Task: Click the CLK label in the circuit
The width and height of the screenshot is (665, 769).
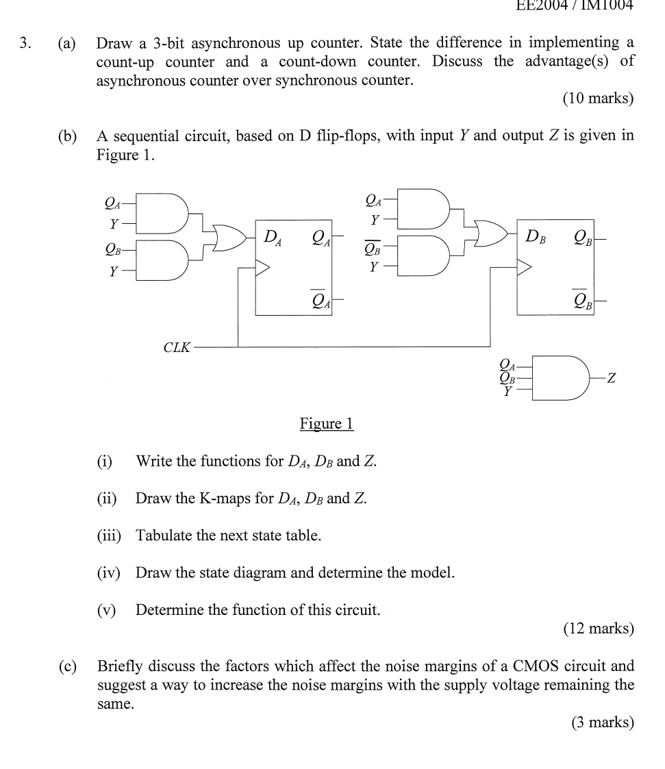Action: tap(177, 347)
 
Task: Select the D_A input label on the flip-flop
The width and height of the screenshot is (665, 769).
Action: tap(273, 238)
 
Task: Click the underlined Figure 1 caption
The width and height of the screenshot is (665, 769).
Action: tap(326, 424)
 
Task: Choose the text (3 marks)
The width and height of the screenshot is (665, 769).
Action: tap(602, 722)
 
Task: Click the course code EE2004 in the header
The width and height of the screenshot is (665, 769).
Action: tap(544, 6)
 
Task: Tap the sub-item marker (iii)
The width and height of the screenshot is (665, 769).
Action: tap(109, 535)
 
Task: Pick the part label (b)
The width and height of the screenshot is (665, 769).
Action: tap(67, 136)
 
